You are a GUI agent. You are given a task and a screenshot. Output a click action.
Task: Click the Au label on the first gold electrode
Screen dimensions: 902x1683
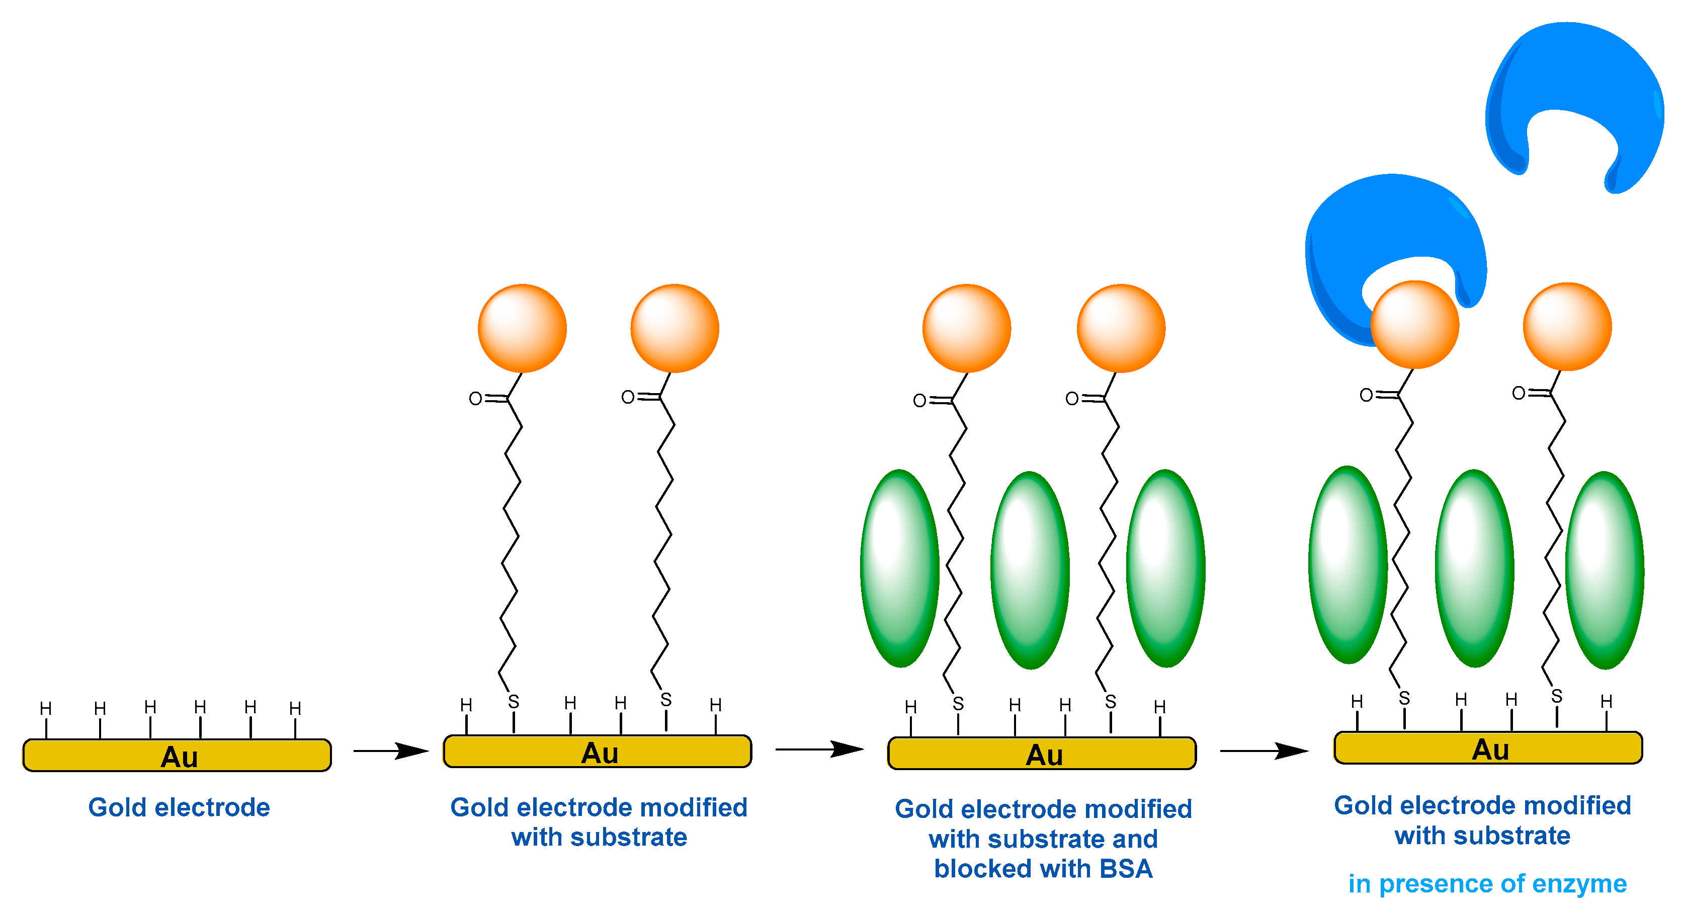(179, 757)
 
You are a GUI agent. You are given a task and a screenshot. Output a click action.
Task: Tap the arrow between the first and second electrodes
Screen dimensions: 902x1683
(391, 751)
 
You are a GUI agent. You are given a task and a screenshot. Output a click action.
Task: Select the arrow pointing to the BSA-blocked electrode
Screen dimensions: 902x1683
(819, 749)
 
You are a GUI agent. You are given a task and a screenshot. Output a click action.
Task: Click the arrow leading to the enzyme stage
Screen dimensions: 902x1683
(1264, 751)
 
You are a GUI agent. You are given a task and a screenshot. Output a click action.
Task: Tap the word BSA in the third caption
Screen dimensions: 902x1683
(1126, 869)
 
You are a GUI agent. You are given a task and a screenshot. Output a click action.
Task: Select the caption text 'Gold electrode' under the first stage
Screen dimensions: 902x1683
(179, 807)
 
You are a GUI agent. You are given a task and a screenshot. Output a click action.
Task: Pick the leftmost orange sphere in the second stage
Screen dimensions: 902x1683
(522, 328)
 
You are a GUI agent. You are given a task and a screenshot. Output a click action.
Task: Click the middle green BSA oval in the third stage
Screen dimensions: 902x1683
(1030, 570)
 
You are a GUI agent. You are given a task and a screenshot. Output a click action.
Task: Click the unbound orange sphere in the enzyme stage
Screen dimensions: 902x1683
(1567, 326)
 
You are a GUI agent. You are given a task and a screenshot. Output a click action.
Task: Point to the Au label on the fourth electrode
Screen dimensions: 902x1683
(1490, 749)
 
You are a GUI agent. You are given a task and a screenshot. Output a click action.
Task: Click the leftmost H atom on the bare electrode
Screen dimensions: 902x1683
(46, 709)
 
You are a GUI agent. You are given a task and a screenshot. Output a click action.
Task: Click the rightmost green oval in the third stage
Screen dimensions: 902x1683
(1165, 568)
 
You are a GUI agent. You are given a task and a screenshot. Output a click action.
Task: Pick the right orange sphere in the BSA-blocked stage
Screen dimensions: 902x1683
(1121, 328)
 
